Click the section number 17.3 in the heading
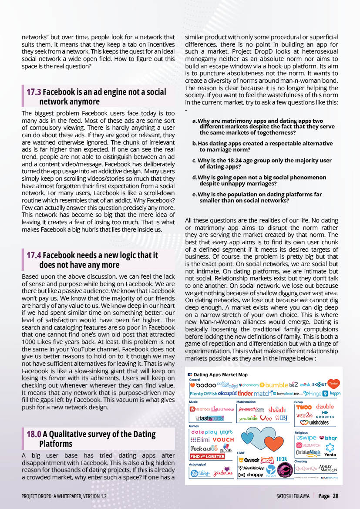[34, 92]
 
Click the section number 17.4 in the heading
[34, 256]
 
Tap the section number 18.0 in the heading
[34, 435]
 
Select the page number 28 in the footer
[335, 496]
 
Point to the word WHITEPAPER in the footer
[68, 496]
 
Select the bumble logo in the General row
[276, 385]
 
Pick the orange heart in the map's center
[273, 444]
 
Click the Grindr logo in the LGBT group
[249, 460]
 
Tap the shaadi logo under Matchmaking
[277, 410]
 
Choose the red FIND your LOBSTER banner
[207, 457]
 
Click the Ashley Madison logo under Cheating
[327, 468]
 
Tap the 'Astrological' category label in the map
[198, 464]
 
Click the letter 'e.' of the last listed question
[195, 195]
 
